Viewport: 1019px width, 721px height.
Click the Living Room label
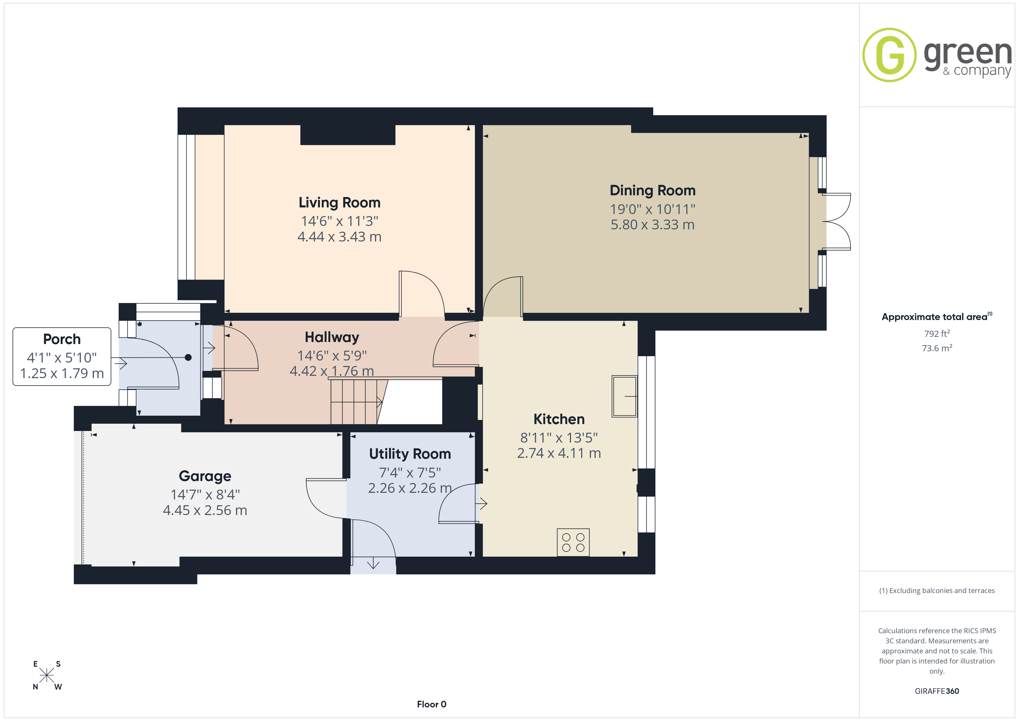coord(339,202)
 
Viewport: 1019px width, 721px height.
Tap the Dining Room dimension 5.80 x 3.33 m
coord(652,225)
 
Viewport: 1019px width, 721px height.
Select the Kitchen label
coord(559,419)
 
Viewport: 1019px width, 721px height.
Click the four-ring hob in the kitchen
coord(573,542)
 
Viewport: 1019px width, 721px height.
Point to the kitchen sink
coord(624,396)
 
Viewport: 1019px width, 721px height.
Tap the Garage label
coord(205,476)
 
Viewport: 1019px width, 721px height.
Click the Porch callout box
coord(62,356)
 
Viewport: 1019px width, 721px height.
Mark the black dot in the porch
coord(188,357)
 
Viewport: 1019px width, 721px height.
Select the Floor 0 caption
coord(432,704)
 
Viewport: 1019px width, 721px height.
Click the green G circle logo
coord(889,55)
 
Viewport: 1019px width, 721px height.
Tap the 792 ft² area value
coord(937,333)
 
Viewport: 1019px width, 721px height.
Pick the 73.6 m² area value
coord(937,348)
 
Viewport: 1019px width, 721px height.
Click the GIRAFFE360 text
coord(937,691)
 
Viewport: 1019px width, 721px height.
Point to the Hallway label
coord(332,337)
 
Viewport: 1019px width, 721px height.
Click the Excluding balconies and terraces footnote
coord(937,590)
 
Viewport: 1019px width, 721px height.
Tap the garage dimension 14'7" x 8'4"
coord(205,495)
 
